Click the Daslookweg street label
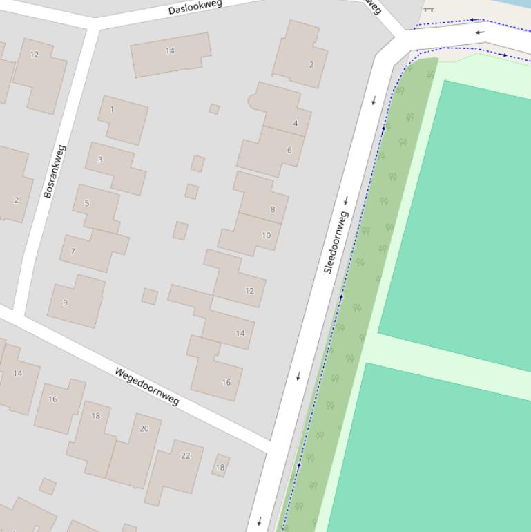[x=195, y=8]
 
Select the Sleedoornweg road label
[x=336, y=242]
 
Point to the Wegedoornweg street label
[x=147, y=386]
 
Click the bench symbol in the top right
[x=428, y=8]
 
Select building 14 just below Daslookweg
[x=171, y=54]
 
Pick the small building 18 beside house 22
[x=220, y=466]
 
